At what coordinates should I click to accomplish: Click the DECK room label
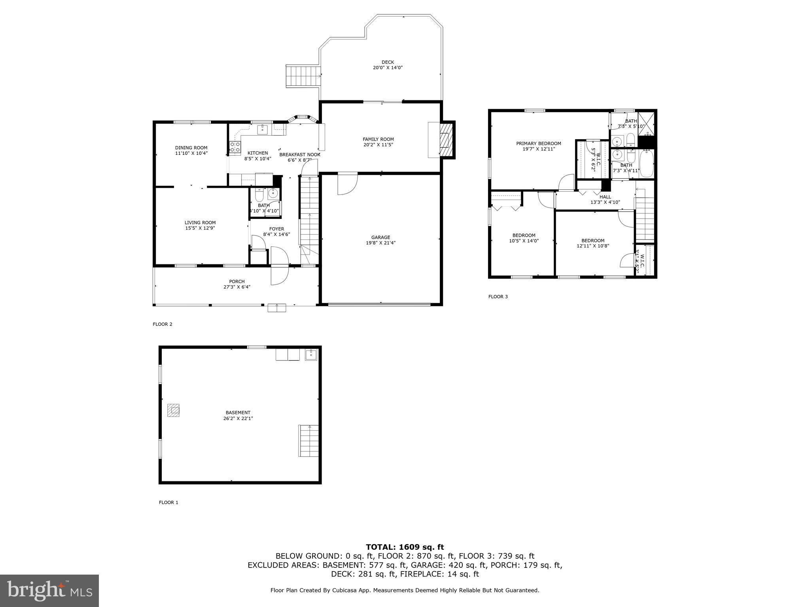click(388, 62)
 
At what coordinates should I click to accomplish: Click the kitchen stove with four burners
click(235, 147)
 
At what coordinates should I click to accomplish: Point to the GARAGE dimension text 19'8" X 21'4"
click(380, 243)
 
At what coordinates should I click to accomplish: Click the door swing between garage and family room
click(347, 184)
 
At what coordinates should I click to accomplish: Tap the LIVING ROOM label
click(200, 222)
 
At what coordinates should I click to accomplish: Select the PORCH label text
click(237, 281)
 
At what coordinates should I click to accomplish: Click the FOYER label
click(276, 229)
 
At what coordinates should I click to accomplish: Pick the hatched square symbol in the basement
click(173, 410)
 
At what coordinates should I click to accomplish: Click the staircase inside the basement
click(308, 441)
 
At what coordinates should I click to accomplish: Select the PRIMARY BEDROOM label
click(538, 143)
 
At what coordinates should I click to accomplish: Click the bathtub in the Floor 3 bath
click(646, 164)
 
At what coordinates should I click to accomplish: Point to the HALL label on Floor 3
click(605, 197)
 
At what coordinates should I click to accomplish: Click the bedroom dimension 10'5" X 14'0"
click(524, 241)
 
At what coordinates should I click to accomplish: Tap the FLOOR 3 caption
click(498, 296)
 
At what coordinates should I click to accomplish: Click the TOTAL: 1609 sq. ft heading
click(405, 547)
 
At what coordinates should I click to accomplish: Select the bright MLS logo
click(49, 590)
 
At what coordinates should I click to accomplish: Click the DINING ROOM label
click(191, 148)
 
